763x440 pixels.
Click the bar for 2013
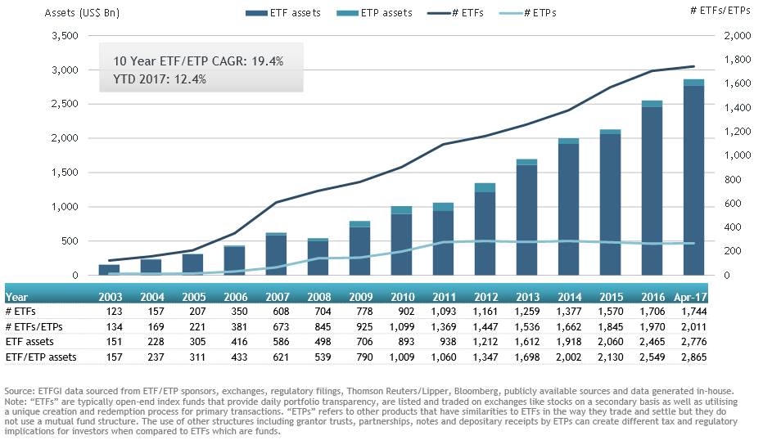coord(526,218)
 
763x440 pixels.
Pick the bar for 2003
coord(109,270)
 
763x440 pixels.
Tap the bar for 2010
coord(401,241)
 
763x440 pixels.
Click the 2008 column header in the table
coord(318,298)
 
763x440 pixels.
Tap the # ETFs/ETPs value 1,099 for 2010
coord(401,327)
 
